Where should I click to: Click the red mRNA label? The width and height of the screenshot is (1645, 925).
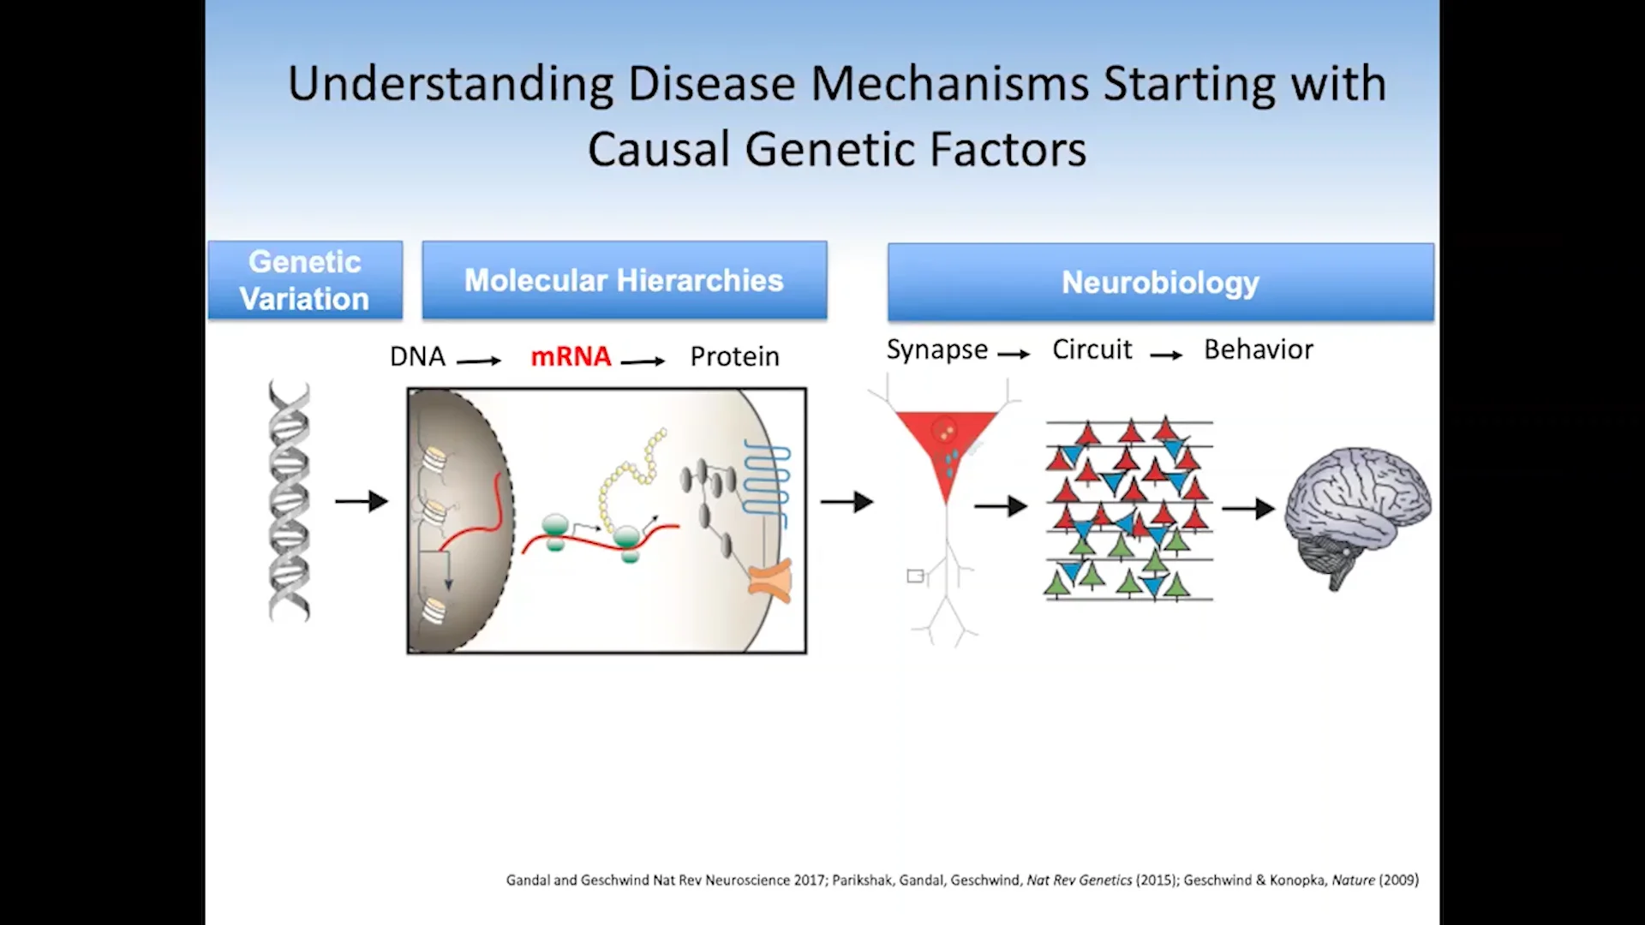571,356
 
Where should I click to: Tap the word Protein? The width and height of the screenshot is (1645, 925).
734,356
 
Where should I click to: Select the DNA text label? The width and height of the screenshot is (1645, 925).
417,356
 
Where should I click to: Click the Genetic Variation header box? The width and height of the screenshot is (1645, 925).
305,280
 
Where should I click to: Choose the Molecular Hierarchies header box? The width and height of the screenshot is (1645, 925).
624,280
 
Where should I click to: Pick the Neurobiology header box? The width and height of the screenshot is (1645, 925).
1160,282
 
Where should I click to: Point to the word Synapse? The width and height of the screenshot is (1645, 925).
936,349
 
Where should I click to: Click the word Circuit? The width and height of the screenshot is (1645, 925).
1092,349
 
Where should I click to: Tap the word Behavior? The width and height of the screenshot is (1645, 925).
1258,349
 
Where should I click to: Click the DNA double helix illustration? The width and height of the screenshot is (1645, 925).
290,501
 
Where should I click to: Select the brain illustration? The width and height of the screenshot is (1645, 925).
1358,514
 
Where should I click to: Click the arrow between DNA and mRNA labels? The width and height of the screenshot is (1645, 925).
478,361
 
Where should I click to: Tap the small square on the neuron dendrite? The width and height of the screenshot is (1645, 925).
915,576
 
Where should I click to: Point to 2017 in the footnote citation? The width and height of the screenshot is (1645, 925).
810,880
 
